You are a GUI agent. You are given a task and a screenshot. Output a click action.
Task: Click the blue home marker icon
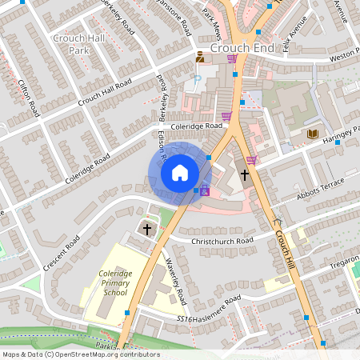[x=180, y=172]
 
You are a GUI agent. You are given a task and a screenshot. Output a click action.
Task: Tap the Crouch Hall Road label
[x=105, y=94]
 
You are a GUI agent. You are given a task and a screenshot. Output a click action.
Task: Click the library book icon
[x=312, y=134]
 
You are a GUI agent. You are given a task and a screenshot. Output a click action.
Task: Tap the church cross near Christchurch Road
[x=146, y=230]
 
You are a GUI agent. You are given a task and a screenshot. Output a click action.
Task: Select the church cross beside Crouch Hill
[x=242, y=174]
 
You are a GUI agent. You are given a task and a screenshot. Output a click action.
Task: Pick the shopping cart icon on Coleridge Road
[x=226, y=116]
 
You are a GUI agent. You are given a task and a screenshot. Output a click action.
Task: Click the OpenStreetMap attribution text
[x=81, y=354]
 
